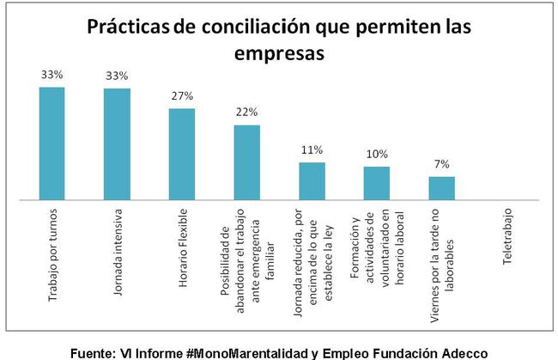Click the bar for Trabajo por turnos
(52, 143)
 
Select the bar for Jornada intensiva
(117, 143)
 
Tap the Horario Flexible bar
(182, 153)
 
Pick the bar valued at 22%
(246, 162)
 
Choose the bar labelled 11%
(312, 180)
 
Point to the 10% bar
(376, 182)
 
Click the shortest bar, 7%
(441, 187)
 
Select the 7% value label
(441, 164)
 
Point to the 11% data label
(312, 150)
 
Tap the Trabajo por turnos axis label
(52, 257)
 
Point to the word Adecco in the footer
(464, 351)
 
